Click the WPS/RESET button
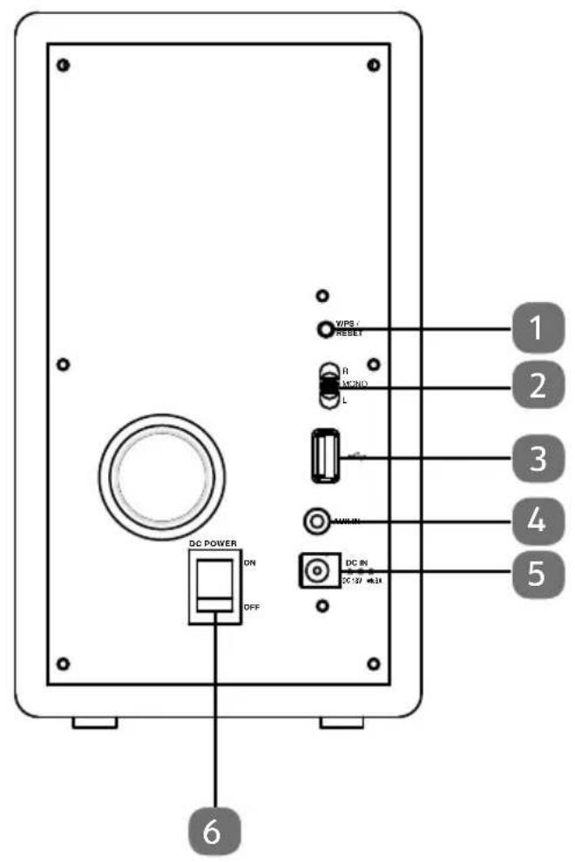(324, 329)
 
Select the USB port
(322, 455)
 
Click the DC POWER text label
(214, 544)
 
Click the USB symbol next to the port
(353, 455)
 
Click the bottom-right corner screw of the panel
(373, 664)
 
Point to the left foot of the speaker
(94, 723)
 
